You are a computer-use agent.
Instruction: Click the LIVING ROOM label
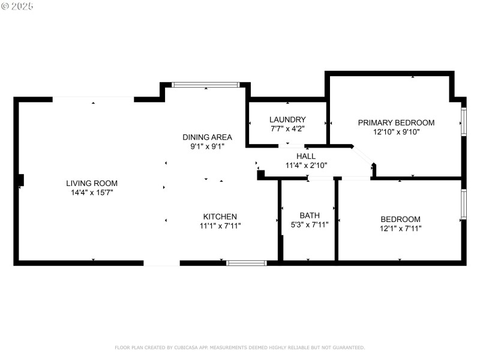pos(92,183)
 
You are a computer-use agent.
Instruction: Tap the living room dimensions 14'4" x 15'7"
pos(92,193)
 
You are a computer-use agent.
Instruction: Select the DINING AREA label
pos(207,137)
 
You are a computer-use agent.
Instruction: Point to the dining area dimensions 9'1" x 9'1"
pos(207,146)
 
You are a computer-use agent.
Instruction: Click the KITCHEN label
pos(220,217)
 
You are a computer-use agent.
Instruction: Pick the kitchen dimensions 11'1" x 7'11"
pos(220,226)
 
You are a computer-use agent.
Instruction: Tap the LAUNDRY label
pos(287,119)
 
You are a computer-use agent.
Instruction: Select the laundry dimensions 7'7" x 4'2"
pos(287,129)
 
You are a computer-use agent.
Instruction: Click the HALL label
pos(305,156)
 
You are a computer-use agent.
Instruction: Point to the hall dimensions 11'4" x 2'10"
pos(305,166)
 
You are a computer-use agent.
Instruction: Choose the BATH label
pos(310,215)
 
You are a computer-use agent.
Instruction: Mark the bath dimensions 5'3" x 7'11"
pos(310,225)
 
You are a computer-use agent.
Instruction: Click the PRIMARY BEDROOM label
pos(396,122)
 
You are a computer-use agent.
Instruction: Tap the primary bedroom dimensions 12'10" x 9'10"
pos(396,132)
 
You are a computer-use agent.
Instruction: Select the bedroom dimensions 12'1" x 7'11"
pos(400,229)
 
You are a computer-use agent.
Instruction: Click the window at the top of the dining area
pos(206,85)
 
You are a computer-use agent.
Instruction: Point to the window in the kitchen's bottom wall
pos(247,262)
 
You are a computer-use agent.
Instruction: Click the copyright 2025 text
pos(17,6)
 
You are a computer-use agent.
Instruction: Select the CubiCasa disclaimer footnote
pos(239,347)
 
